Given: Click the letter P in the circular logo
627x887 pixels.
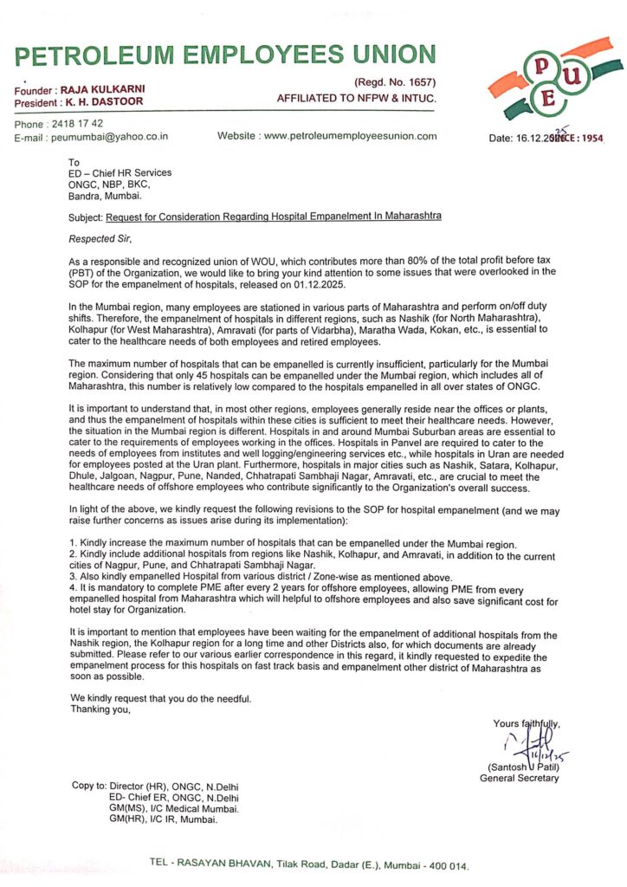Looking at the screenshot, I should tap(542, 66).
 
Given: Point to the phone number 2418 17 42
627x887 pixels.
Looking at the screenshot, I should tap(78, 124).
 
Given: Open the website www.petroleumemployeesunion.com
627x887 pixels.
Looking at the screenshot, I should tap(350, 136).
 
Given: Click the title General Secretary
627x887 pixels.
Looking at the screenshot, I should tap(520, 778).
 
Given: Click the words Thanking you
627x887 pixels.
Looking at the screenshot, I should tap(100, 710).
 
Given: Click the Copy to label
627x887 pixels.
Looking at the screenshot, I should tap(89, 786).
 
